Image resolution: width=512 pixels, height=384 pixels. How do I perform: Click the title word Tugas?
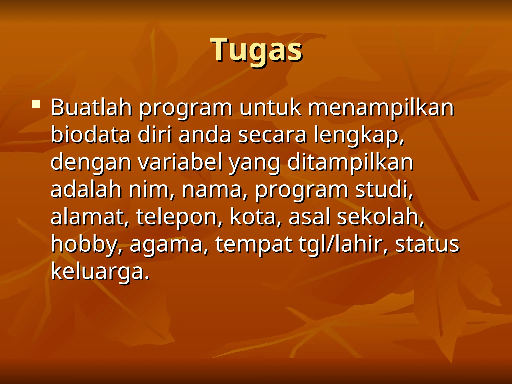(x=257, y=50)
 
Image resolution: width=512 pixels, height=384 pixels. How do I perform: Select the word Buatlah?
(x=91, y=108)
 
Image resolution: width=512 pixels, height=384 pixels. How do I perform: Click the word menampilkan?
(x=381, y=108)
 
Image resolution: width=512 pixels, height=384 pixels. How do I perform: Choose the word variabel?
(x=180, y=162)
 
